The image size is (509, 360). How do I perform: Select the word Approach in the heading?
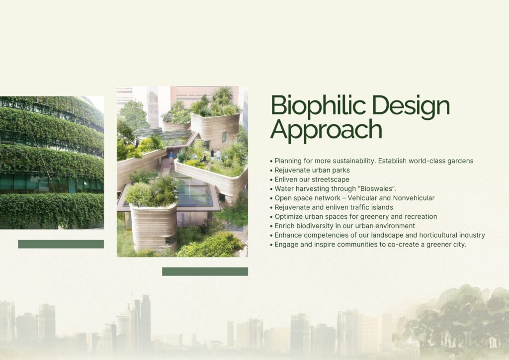326,129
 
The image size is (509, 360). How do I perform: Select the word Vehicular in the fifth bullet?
362,198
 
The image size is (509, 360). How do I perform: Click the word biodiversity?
315,226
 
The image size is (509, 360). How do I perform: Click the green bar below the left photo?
61,244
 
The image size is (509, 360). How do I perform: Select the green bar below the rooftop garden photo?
205,271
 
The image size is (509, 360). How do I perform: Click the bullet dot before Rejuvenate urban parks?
271,171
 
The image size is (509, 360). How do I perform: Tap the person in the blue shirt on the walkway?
171,157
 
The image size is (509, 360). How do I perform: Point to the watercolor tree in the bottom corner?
454,321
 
